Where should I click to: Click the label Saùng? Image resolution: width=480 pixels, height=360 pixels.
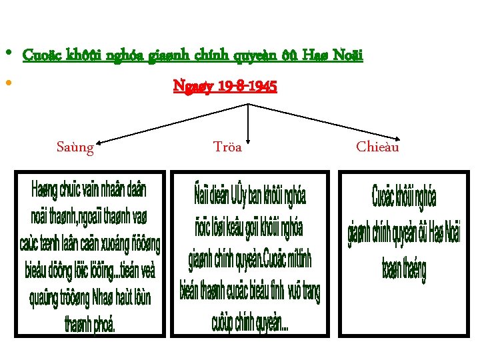pos(75,147)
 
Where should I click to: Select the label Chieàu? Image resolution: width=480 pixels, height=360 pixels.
pos(377,147)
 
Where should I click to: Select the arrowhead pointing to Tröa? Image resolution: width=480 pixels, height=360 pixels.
pos(249,139)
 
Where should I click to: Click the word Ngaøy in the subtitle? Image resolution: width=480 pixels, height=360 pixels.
pos(191,87)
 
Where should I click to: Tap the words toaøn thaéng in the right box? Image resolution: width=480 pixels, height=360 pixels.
pos(403,269)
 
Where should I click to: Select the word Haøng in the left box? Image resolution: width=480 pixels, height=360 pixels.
pos(43,190)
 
